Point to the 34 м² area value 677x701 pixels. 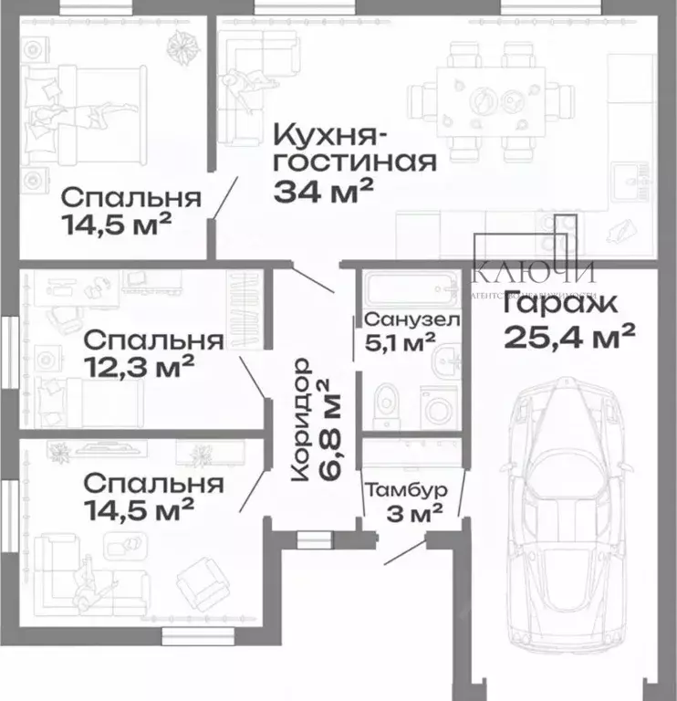coord(323,191)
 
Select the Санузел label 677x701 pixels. coord(411,320)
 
